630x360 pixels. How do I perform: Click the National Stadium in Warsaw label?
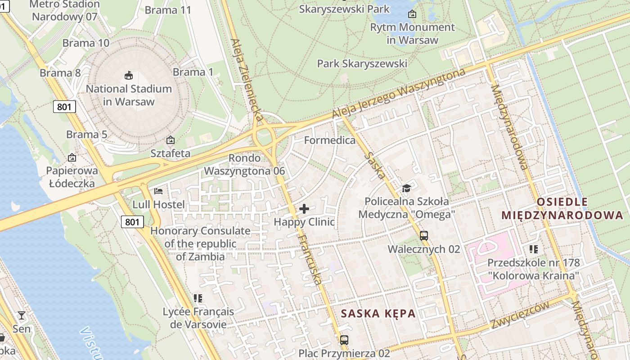(x=129, y=95)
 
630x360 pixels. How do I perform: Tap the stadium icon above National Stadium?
(x=129, y=75)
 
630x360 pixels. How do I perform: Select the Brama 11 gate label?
(x=168, y=10)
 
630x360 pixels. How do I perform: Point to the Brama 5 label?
(x=86, y=134)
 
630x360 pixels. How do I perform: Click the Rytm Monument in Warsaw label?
(x=412, y=33)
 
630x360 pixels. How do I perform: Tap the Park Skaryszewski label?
(x=362, y=63)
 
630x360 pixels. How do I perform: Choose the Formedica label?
(x=329, y=140)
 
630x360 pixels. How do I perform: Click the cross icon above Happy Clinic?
(x=304, y=209)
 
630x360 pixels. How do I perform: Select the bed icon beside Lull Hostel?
(x=158, y=191)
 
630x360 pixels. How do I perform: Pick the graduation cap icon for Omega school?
(x=406, y=188)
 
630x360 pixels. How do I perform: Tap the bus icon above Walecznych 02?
(x=423, y=235)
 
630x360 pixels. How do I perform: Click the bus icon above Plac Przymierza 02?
(x=344, y=340)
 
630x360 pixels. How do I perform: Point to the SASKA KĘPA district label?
(x=378, y=314)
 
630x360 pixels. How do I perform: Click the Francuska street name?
(x=310, y=260)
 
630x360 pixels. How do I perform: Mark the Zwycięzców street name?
(x=520, y=315)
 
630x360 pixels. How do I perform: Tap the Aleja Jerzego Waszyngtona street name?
(x=398, y=94)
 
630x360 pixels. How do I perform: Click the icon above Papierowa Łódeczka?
(x=72, y=157)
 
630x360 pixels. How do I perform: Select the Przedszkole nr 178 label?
(x=534, y=269)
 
